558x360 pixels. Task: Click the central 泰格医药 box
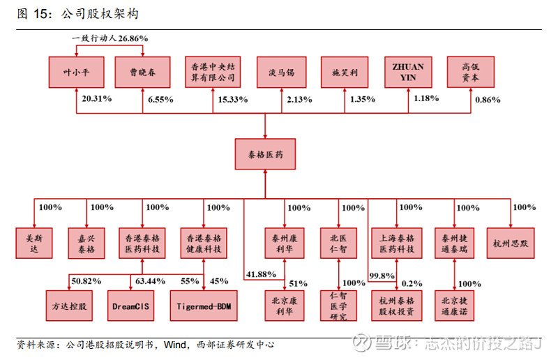[x=266, y=151]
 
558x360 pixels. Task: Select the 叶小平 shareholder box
[x=76, y=72]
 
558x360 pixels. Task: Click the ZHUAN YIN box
[x=407, y=72]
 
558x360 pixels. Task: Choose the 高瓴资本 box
[x=471, y=72]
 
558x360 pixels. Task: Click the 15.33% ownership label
[x=233, y=100]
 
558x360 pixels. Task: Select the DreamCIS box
[x=132, y=305]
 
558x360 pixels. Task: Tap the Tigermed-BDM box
[x=203, y=305]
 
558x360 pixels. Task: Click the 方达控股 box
[x=70, y=305]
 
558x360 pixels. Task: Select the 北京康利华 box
[x=285, y=305]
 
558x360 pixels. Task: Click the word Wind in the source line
[x=174, y=344]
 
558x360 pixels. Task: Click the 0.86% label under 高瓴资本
[x=488, y=100]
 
